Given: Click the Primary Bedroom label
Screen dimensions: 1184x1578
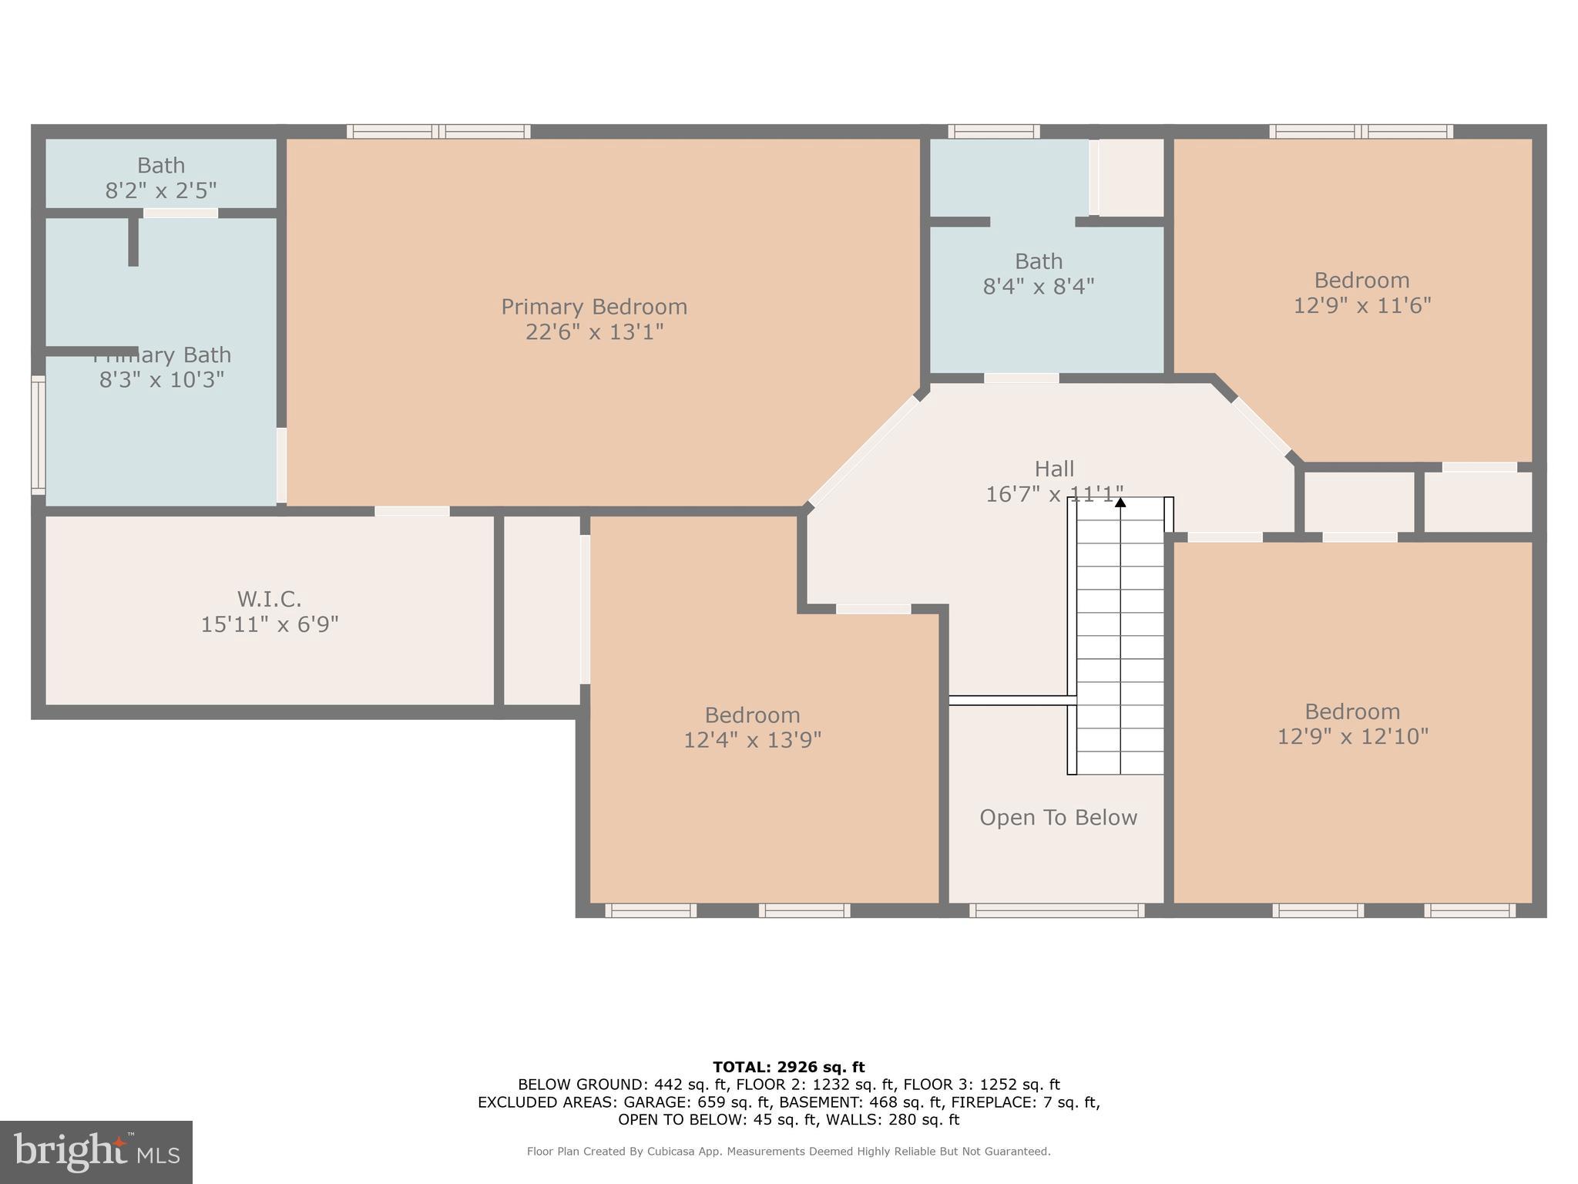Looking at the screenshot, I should pyautogui.click(x=594, y=307).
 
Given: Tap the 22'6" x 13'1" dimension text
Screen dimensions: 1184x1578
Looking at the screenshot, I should pyautogui.click(x=594, y=332).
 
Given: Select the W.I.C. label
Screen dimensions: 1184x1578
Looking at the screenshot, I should pyautogui.click(x=269, y=599).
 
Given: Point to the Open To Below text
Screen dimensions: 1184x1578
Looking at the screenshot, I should pyautogui.click(x=1058, y=818).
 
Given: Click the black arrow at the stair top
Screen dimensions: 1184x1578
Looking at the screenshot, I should pyautogui.click(x=1120, y=503).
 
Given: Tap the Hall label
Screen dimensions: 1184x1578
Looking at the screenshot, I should pyautogui.click(x=1054, y=469).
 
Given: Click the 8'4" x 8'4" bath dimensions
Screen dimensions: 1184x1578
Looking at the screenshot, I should pyautogui.click(x=1038, y=287).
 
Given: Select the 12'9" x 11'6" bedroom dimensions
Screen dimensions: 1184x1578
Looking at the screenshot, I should pyautogui.click(x=1361, y=306).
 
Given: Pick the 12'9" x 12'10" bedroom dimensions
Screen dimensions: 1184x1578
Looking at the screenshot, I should pyautogui.click(x=1352, y=737).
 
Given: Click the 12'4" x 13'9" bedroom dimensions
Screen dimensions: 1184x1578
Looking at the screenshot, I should pyautogui.click(x=752, y=740).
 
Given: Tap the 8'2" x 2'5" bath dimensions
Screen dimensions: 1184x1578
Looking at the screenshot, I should pyautogui.click(x=161, y=190).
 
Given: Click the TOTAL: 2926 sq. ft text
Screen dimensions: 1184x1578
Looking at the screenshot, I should pyautogui.click(x=788, y=1068).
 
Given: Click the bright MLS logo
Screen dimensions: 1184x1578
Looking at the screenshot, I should pyautogui.click(x=96, y=1152).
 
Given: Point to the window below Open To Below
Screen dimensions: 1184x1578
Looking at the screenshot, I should pyautogui.click(x=1056, y=910).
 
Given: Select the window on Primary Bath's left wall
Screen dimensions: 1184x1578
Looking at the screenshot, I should pyautogui.click(x=38, y=434).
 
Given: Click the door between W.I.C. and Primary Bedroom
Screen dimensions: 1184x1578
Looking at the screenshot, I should pyautogui.click(x=412, y=511).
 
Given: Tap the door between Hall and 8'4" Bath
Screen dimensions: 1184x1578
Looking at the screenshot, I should pyautogui.click(x=1021, y=378).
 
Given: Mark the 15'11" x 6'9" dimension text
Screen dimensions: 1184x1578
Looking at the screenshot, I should pyautogui.click(x=270, y=624).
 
